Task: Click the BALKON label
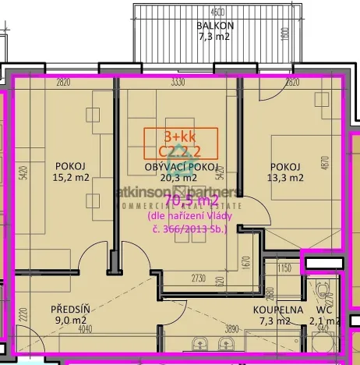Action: click(216, 25)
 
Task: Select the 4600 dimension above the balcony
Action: click(218, 11)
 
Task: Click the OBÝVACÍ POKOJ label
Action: click(180, 168)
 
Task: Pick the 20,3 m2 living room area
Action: click(180, 178)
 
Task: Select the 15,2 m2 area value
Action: click(69, 177)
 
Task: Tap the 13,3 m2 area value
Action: click(285, 177)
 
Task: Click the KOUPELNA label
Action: click(277, 310)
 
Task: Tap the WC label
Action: click(324, 310)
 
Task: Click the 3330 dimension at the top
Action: click(179, 82)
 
